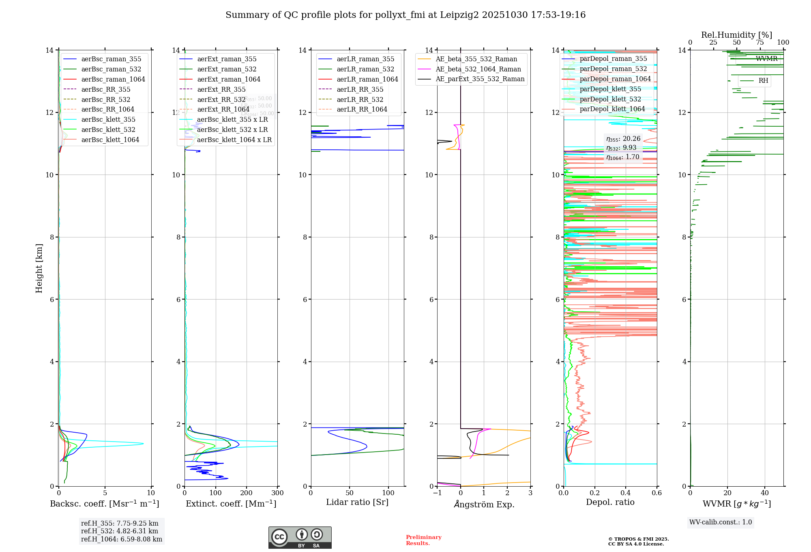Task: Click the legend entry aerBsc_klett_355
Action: point(108,120)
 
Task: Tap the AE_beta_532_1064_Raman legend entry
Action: point(478,69)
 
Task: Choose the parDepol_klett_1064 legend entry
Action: point(612,109)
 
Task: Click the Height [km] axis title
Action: point(39,268)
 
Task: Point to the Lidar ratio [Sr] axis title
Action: point(357,502)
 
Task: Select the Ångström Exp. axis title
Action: point(484,504)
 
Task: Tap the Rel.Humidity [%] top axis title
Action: point(736,35)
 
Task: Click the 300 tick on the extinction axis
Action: point(278,493)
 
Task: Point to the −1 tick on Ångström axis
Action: point(437,493)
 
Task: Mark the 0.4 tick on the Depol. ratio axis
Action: point(626,493)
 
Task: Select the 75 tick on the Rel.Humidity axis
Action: point(760,43)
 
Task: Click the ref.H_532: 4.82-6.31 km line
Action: point(120,531)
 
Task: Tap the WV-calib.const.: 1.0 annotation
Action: point(721,522)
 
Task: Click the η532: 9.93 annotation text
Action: point(621,148)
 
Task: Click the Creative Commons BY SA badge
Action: point(300,538)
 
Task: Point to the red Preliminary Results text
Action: point(423,540)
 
